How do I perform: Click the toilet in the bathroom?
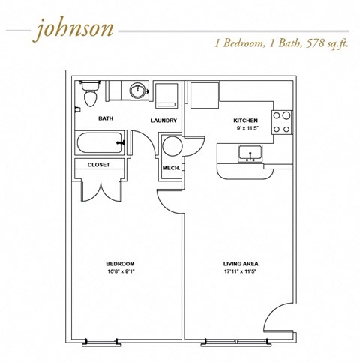click(x=90, y=95)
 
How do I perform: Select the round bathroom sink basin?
click(x=137, y=91)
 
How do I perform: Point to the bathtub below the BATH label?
click(x=100, y=142)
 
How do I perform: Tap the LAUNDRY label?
click(x=163, y=121)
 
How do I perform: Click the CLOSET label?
click(x=99, y=164)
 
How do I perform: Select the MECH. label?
click(x=171, y=168)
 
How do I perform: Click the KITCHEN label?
click(x=246, y=120)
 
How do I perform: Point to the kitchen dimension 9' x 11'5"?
click(x=246, y=129)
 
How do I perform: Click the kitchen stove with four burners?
click(x=281, y=122)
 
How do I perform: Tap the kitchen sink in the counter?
click(x=249, y=154)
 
